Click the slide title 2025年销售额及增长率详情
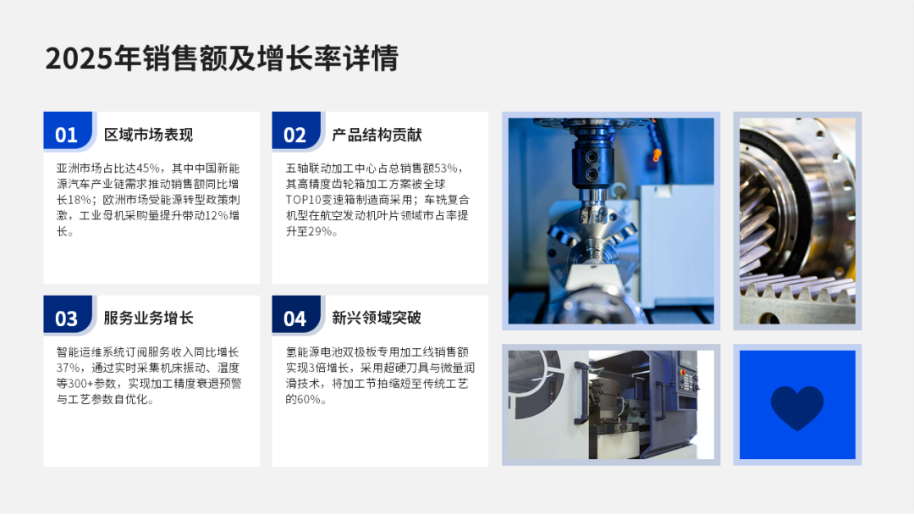(x=222, y=58)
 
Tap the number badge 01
(x=67, y=135)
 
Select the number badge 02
(x=295, y=135)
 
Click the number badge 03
(x=67, y=318)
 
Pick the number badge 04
(x=295, y=318)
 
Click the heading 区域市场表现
(x=148, y=135)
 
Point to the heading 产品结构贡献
(x=377, y=135)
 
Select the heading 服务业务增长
(x=148, y=318)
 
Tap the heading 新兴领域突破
(x=377, y=318)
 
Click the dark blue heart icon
(x=797, y=407)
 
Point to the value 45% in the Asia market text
(x=147, y=168)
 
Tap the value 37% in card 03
(x=68, y=368)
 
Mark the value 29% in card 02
(x=320, y=231)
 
